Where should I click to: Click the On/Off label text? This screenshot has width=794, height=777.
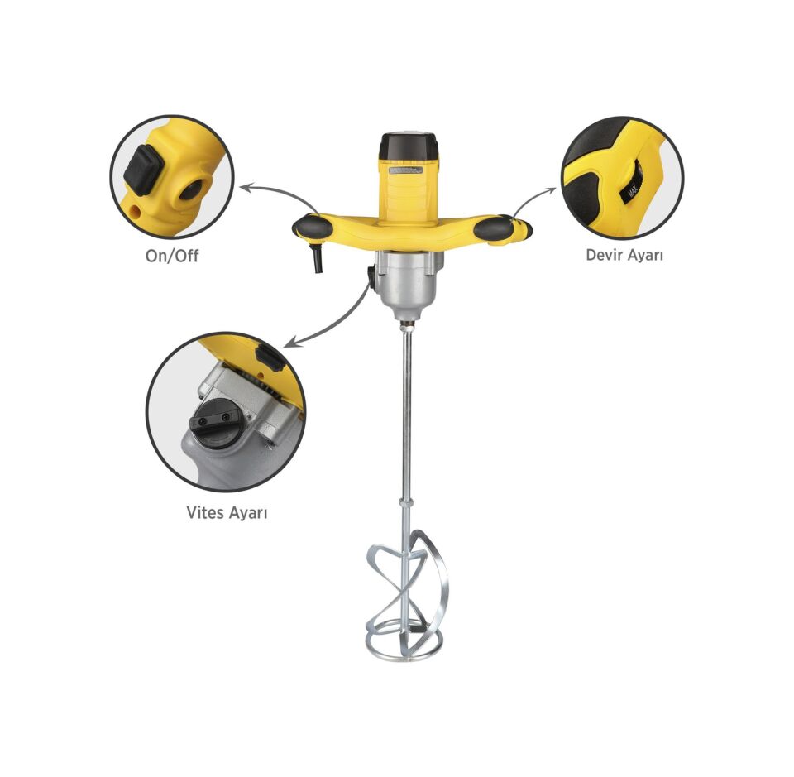point(172,256)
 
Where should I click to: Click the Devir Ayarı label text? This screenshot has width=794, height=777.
point(624,254)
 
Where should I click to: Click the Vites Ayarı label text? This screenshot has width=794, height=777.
point(227,512)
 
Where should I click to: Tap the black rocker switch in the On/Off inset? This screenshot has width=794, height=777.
point(144,170)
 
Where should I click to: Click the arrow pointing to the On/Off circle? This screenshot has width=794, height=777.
point(278,194)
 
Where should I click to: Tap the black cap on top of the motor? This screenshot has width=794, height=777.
point(409,146)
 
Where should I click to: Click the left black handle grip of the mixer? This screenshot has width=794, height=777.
point(313,226)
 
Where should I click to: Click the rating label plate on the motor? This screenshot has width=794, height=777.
point(406,170)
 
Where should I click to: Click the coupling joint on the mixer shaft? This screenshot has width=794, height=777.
point(406,507)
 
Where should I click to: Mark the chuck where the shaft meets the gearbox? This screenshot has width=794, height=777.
point(407,324)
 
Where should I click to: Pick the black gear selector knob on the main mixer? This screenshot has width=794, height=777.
point(371,279)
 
